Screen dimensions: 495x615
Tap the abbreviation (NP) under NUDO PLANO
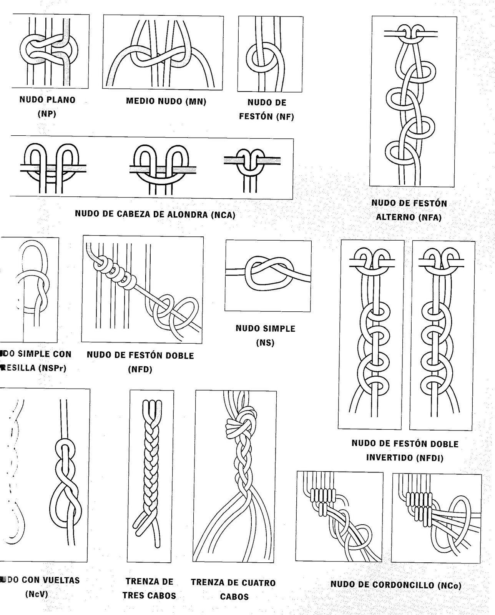[x=47, y=114]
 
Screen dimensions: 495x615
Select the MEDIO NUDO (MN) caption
[x=166, y=101]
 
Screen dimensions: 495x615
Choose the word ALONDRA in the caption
[x=189, y=214]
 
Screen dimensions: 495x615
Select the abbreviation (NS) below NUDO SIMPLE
[x=265, y=342]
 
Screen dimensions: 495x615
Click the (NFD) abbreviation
[x=140, y=369]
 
